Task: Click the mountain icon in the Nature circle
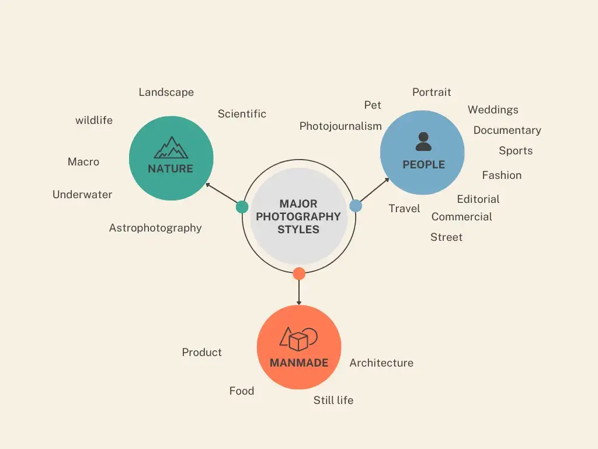(171, 148)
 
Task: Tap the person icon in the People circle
(423, 141)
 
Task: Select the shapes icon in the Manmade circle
(299, 339)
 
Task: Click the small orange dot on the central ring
(299, 273)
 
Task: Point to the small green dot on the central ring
(242, 207)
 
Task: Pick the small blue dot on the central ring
(356, 206)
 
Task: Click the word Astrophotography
(155, 228)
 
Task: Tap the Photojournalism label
(340, 126)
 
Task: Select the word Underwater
(82, 195)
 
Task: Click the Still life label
(333, 400)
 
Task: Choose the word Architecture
(381, 363)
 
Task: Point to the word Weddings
(493, 110)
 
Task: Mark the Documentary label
(507, 130)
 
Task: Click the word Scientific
(242, 114)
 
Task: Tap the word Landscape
(166, 92)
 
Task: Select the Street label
(446, 237)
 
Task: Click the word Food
(242, 391)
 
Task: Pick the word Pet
(373, 105)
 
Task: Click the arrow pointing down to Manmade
(299, 292)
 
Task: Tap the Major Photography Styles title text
(298, 216)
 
